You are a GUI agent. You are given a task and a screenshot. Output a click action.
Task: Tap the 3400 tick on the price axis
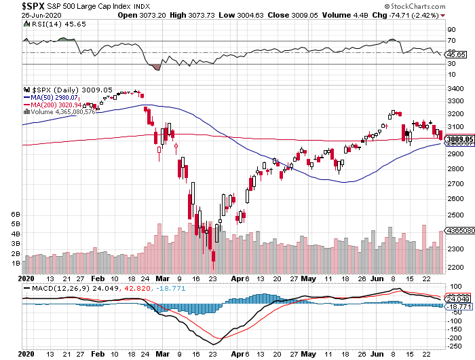click(455, 89)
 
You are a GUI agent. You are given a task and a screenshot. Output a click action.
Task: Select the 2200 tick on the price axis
click(455, 268)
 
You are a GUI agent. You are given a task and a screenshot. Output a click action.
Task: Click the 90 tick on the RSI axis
click(450, 30)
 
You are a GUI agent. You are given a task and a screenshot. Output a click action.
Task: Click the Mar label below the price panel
click(161, 278)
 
